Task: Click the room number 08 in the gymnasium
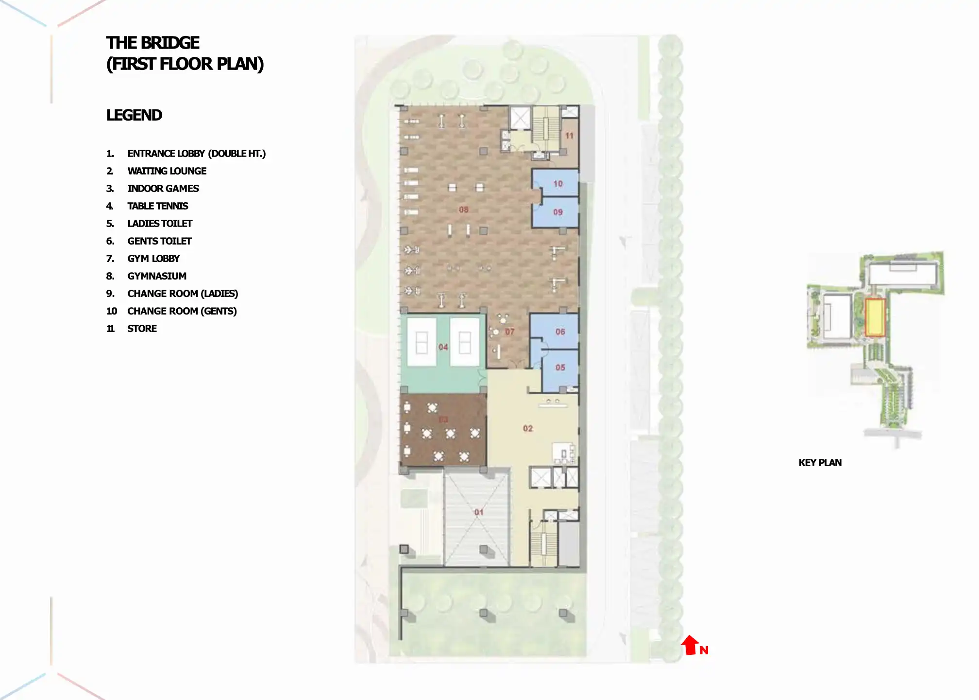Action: click(464, 210)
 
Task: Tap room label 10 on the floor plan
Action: click(558, 184)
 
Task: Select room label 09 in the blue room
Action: click(558, 212)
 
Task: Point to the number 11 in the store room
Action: click(569, 136)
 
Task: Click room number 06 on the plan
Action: click(560, 332)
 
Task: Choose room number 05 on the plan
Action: click(560, 367)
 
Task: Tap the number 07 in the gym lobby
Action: click(509, 332)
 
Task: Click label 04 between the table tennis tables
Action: click(443, 347)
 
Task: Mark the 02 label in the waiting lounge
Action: click(528, 428)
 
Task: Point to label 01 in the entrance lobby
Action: click(479, 512)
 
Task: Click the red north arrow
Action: click(690, 645)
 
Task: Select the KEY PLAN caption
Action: click(820, 463)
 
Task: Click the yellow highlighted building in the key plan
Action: click(875, 317)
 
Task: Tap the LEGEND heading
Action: click(134, 115)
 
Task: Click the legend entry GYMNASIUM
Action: click(157, 276)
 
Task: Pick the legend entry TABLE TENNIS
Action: click(157, 206)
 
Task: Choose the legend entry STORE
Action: click(142, 329)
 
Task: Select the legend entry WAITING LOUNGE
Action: click(167, 171)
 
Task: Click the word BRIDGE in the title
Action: click(170, 43)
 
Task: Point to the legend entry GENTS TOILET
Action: click(159, 241)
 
